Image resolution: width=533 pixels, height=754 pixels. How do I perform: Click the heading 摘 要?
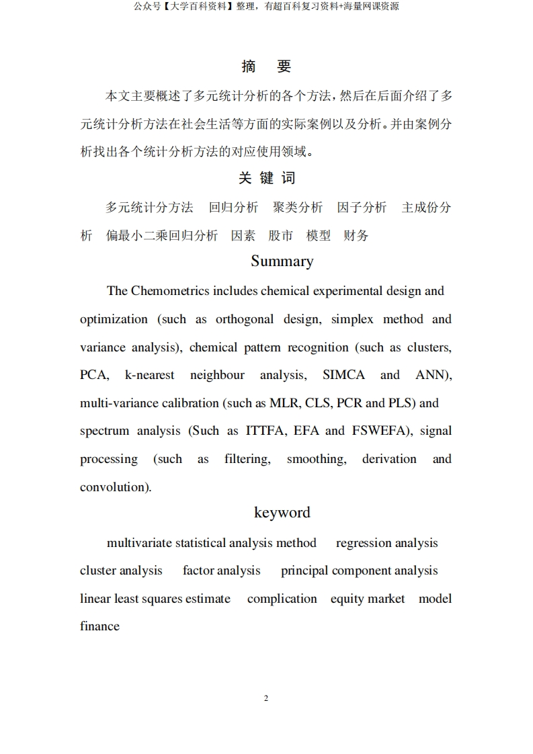[x=266, y=67]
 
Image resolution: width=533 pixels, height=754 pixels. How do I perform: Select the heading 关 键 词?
[x=266, y=178]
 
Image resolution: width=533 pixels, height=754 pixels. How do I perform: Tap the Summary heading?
[x=282, y=261]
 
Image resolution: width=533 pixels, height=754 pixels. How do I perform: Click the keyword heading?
[x=282, y=513]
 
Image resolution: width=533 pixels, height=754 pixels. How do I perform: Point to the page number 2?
[x=266, y=698]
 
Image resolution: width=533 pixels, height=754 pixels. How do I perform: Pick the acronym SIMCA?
[x=343, y=375]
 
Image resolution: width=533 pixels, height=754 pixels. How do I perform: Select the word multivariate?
[x=138, y=543]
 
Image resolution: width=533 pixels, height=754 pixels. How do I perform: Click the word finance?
[x=99, y=626]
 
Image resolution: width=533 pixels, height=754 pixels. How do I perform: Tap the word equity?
[x=346, y=599]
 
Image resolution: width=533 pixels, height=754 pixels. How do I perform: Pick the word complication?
[x=282, y=599]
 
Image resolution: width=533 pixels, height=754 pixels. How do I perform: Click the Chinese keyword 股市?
[x=281, y=236]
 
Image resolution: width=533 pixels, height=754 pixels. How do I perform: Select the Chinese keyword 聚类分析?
[x=298, y=208]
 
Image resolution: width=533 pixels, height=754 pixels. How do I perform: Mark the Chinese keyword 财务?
[x=356, y=236]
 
